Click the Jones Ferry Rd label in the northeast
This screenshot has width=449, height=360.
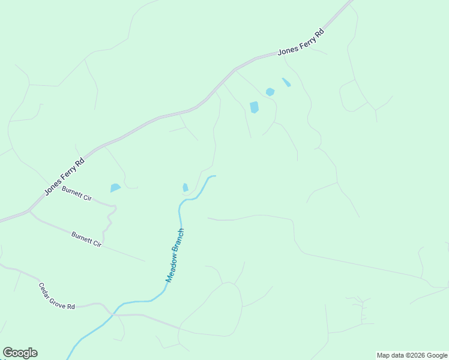[x=301, y=43]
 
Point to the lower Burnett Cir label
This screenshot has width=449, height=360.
[x=87, y=239]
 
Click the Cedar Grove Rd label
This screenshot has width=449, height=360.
[x=56, y=296]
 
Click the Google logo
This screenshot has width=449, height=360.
[x=20, y=353]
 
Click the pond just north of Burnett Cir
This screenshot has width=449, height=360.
[x=115, y=188]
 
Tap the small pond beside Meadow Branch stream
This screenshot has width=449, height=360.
[x=185, y=188]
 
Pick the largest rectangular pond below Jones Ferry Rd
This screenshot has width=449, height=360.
[x=254, y=107]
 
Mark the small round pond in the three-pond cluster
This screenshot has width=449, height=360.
[x=270, y=92]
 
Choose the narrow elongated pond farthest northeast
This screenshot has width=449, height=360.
[x=286, y=82]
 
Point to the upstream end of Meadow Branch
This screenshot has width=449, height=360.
[x=214, y=176]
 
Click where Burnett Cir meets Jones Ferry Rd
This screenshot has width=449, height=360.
[x=29, y=211]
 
